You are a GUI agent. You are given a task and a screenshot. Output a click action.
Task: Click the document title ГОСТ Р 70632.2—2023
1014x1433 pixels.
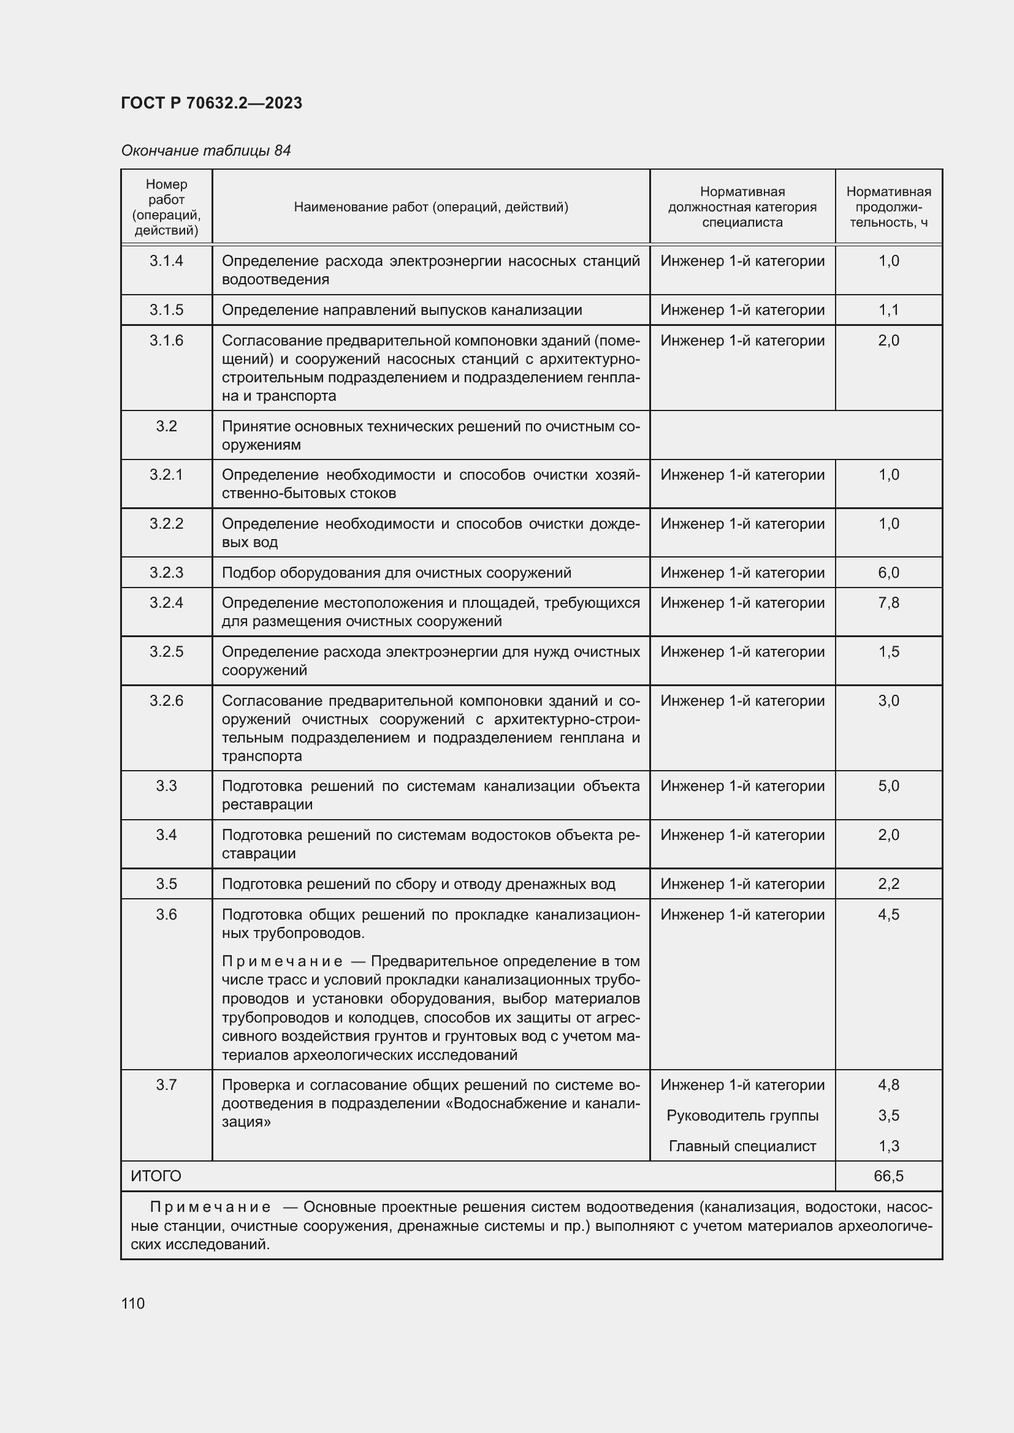[211, 103]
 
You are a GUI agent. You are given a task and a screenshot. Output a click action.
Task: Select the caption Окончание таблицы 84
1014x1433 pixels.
[205, 151]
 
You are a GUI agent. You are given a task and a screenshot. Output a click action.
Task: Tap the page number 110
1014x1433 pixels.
[133, 1303]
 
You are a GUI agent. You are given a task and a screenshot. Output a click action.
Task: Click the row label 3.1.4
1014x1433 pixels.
[166, 261]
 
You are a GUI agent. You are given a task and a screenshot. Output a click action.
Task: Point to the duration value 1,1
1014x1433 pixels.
[888, 310]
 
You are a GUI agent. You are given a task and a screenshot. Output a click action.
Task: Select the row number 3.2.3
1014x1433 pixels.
[166, 572]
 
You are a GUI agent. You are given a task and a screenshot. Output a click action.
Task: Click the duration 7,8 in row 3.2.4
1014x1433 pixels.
[888, 603]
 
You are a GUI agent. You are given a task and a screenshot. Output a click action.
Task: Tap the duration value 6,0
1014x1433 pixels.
[888, 572]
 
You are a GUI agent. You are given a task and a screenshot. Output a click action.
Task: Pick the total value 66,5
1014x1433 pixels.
[888, 1176]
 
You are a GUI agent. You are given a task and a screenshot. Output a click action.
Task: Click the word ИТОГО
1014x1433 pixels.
[156, 1176]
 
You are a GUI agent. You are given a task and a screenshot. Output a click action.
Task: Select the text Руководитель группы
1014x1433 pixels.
[742, 1115]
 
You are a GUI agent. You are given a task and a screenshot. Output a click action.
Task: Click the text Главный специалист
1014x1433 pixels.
[742, 1146]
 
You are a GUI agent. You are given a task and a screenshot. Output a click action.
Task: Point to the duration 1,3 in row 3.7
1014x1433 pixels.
[888, 1146]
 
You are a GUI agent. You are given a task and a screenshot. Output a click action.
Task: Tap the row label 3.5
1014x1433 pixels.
[166, 884]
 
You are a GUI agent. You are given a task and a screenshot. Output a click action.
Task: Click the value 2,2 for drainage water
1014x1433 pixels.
[888, 884]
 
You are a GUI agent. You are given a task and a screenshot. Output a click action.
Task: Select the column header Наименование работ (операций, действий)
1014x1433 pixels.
[431, 206]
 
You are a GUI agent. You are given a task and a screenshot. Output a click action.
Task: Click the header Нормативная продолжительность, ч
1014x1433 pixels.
[888, 206]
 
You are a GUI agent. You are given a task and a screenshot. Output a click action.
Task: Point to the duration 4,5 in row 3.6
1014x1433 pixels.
[888, 914]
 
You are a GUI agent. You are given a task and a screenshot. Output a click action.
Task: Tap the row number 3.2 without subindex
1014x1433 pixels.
[166, 426]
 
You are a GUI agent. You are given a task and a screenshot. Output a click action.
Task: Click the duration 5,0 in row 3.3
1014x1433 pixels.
[888, 786]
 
